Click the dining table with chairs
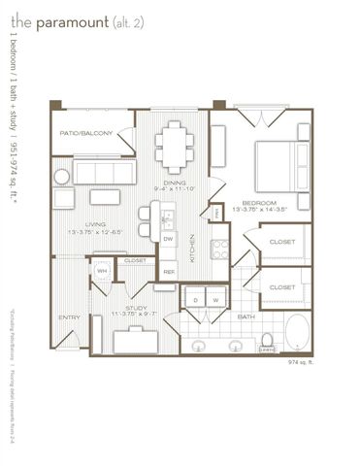tap(175, 147)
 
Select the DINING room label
tap(175, 183)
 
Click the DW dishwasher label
tap(168, 238)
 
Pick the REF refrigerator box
tap(168, 272)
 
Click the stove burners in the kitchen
tap(219, 248)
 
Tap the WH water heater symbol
tap(102, 271)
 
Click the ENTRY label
tap(69, 317)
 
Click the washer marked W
tap(215, 300)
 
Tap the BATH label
tap(246, 316)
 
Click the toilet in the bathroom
tap(266, 341)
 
